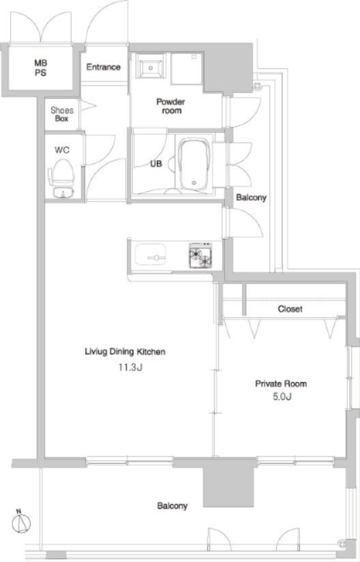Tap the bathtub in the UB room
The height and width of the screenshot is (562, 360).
pos(194,164)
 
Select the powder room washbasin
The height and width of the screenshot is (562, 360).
pos(151,65)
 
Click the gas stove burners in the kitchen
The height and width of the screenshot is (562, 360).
pos(200,256)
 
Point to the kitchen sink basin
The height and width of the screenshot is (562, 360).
pos(151,254)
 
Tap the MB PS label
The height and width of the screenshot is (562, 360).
pos(40,68)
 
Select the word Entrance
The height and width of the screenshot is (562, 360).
pos(103,67)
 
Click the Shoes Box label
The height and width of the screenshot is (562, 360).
pos(62,115)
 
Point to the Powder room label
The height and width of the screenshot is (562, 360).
pos(171,106)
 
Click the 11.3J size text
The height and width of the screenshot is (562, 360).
pos(131,368)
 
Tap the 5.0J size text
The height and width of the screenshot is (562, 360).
pos(282,396)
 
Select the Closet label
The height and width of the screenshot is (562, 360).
pos(290,308)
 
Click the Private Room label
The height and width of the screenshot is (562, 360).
pos(281,384)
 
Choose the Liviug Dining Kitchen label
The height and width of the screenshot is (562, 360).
pos(125,352)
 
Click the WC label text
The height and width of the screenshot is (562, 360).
pos(62,150)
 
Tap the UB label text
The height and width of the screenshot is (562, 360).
pos(156,164)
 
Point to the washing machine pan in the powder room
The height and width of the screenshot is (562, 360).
pos(186,68)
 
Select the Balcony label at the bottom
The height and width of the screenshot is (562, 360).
pos(172,505)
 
